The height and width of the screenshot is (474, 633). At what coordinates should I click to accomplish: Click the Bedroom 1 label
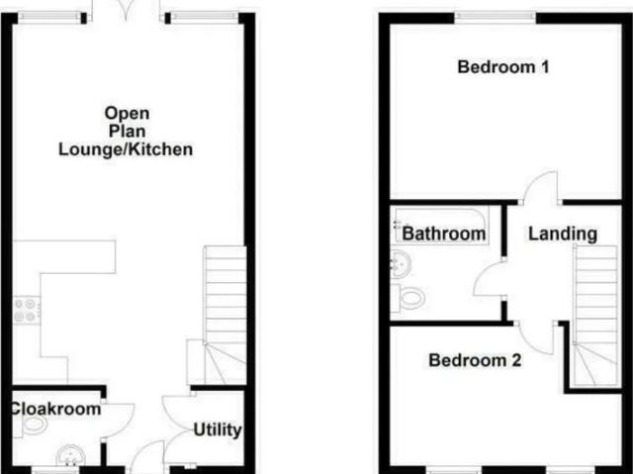coord(503,67)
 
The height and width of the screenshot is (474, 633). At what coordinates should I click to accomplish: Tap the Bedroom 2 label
coord(475,360)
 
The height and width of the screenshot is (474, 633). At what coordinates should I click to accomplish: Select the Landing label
coord(563,234)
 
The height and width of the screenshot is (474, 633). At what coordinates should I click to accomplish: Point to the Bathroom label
coord(444,234)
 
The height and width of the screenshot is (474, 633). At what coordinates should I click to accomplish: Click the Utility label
coord(218,430)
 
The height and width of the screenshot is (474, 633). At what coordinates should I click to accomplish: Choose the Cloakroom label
coord(55,409)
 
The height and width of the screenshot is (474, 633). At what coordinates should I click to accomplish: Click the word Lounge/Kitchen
coord(126,149)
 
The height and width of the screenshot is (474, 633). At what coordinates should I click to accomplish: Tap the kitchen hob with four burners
coord(27,310)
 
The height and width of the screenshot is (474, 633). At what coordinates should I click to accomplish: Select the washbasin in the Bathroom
coord(401,265)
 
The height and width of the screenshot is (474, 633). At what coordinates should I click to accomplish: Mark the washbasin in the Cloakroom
coord(70,455)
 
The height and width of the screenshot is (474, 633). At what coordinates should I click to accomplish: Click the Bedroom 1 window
coord(496,17)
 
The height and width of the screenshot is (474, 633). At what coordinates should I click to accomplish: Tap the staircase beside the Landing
coord(595,316)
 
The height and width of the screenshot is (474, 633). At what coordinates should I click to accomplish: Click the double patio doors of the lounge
coord(126,11)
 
